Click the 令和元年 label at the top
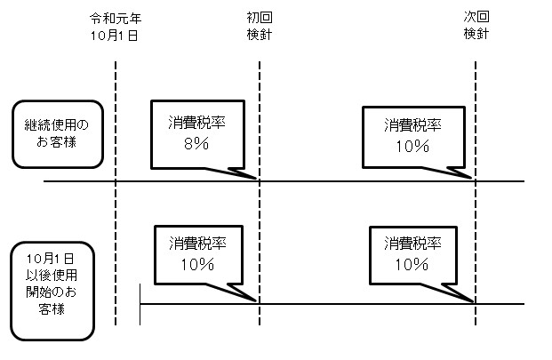pos(116,18)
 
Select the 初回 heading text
pos(260,18)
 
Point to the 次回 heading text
pos(476,18)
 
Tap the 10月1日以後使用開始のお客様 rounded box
pos(53,292)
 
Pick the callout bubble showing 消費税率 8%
pos(196,133)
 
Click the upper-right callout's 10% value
pos(413,146)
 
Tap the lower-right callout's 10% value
pos(413,264)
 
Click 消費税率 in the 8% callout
pos(196,124)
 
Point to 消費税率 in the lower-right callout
pos(414,243)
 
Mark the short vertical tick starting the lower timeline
pos(140,304)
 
